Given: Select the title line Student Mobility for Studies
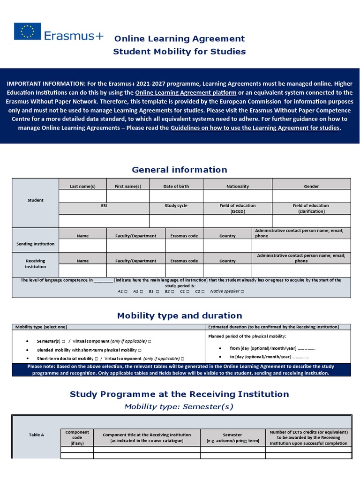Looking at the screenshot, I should [x=180, y=52].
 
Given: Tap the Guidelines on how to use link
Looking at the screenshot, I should [x=255, y=128].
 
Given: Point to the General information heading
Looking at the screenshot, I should [x=180, y=170].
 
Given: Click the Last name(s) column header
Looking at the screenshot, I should [x=82, y=186].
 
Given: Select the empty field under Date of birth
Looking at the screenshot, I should [x=176, y=196].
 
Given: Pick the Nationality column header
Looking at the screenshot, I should [x=238, y=186].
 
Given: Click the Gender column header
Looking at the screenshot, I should [x=311, y=186].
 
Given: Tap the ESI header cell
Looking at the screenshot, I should [x=104, y=206].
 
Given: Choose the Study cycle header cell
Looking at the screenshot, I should [x=176, y=206].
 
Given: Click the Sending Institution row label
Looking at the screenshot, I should [x=36, y=244].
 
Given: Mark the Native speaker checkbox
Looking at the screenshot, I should [x=242, y=291].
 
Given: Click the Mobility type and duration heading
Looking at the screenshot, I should [x=180, y=315].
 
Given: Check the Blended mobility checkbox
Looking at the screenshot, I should [x=140, y=350].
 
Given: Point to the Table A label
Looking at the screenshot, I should [x=37, y=435].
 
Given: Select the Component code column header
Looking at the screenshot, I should [x=77, y=437].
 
